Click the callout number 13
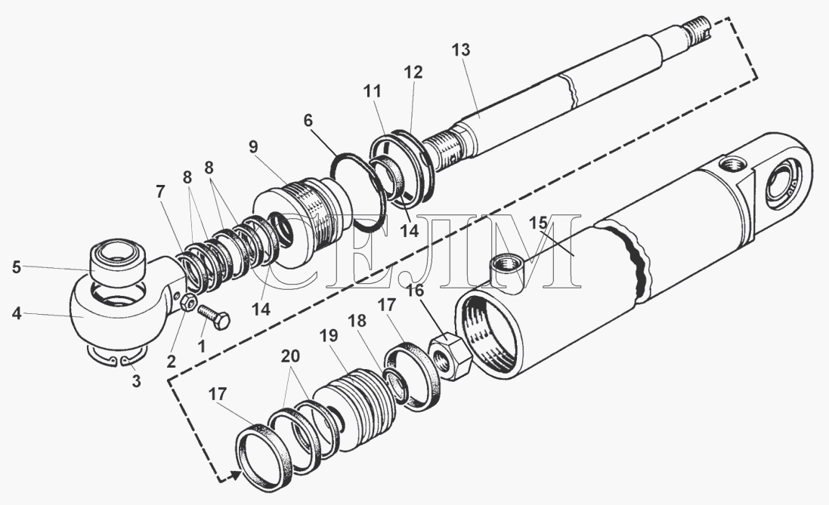click(x=461, y=51)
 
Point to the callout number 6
click(x=308, y=121)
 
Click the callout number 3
click(x=136, y=382)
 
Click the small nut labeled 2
click(x=188, y=306)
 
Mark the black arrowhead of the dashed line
click(x=235, y=475)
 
